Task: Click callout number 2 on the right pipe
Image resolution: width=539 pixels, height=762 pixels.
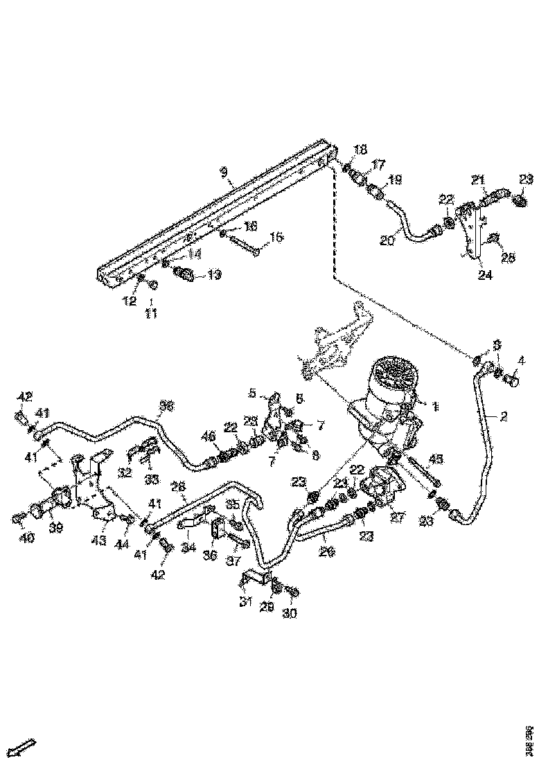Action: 504,416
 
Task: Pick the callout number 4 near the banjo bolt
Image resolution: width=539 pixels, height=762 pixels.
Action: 522,360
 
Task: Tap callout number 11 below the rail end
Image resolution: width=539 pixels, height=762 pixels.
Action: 151,313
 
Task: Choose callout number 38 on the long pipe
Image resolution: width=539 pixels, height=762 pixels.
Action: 166,406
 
